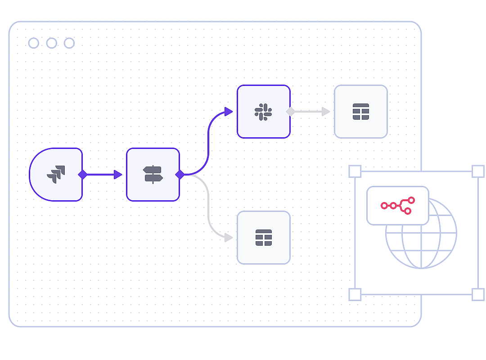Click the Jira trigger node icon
pos(56,174)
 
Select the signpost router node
pos(153,174)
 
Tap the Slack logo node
pos(263,111)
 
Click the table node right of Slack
pos(360,111)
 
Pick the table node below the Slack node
pos(263,237)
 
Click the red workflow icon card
pos(397,206)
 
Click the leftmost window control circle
pos(34,43)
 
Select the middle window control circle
pos(51,43)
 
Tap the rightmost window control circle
pos(69,43)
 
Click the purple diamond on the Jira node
pos(82,174)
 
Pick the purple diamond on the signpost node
pos(180,174)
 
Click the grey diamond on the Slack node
pos(290,111)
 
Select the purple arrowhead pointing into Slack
pos(229,111)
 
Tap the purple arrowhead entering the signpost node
pos(118,174)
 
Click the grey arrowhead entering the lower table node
pos(229,237)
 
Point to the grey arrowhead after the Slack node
pos(326,111)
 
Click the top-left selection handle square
pos(355,171)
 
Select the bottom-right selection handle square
pos(478,294)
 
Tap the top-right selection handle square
pos(478,171)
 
